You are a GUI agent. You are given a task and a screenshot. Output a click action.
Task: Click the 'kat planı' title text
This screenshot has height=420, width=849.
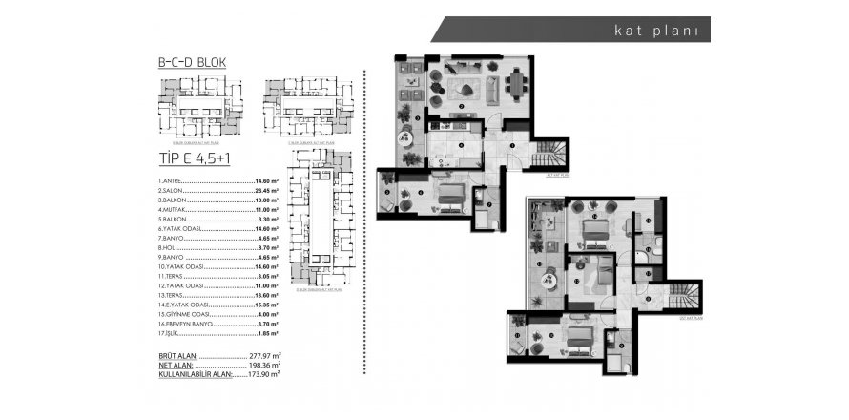tap(658, 30)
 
